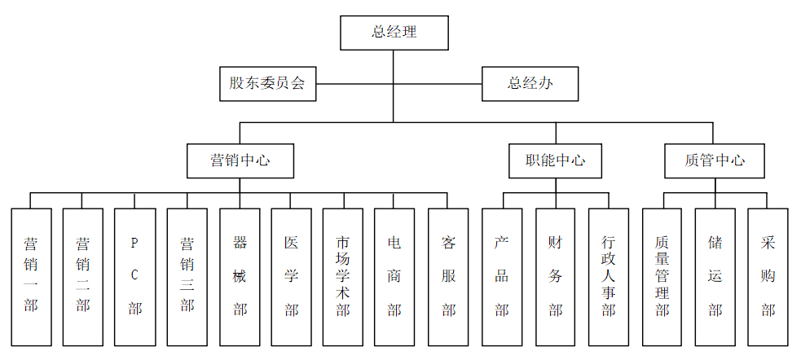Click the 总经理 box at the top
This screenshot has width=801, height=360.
[394, 33]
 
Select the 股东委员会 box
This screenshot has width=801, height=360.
[266, 84]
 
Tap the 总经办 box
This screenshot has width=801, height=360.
[530, 84]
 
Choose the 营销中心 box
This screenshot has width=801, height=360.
[240, 160]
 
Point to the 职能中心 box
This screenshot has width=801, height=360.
[556, 160]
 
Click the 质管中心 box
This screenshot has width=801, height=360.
[715, 160]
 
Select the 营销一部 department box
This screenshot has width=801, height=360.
[31, 276]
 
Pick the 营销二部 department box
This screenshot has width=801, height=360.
[83, 276]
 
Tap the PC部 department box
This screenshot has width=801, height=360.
[135, 276]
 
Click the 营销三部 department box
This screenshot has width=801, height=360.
[187, 276]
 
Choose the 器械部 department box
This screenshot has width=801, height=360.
[240, 276]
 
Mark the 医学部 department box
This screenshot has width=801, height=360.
[292, 276]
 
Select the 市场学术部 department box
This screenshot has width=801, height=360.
[343, 276]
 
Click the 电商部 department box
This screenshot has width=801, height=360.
[395, 276]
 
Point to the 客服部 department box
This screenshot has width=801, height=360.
[448, 276]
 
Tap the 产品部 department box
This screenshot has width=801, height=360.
[502, 276]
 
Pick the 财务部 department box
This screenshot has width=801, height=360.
[556, 276]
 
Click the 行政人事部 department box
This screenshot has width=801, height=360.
[609, 276]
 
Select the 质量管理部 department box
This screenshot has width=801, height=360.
[662, 276]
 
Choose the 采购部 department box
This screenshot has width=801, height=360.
[768, 276]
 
